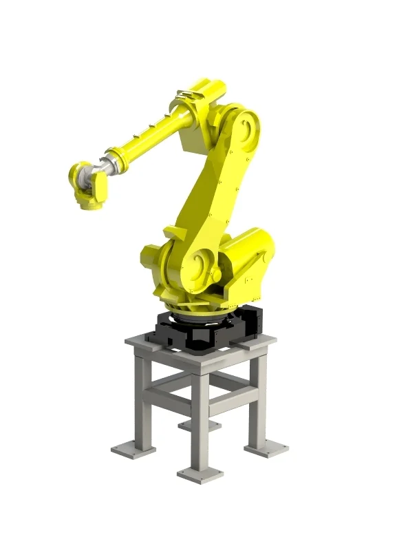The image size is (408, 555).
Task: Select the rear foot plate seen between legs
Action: (200, 425)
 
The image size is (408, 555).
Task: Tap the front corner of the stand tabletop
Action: (200, 365)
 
